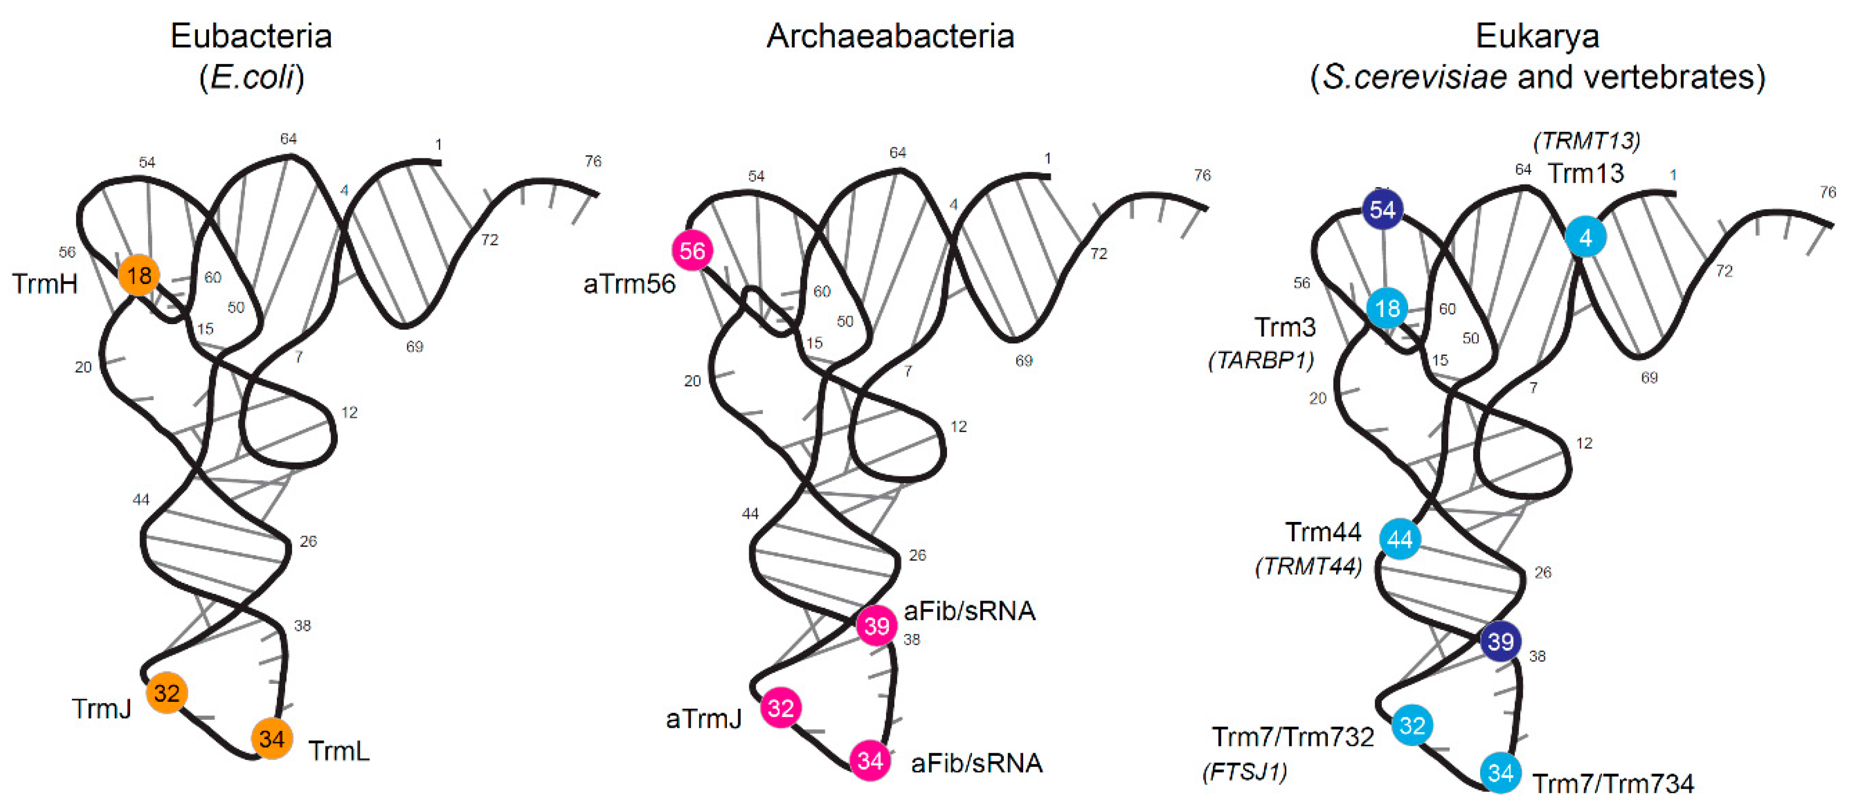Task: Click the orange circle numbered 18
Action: [x=139, y=275]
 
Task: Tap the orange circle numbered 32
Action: [x=167, y=693]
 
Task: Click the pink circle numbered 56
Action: [x=692, y=251]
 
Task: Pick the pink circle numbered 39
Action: [x=877, y=625]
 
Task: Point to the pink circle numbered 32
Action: [x=781, y=708]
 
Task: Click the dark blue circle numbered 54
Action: [x=1383, y=209]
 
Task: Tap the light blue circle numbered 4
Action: [x=1586, y=237]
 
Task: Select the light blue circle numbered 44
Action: [x=1400, y=539]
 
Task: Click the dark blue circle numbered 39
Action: [x=1500, y=641]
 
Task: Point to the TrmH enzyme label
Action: [x=45, y=284]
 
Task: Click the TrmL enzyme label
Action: [x=339, y=751]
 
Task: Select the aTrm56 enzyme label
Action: [x=629, y=284]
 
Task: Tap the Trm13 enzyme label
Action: [x=1586, y=173]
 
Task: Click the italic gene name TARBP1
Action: [x=1261, y=360]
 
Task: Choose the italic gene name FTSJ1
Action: [x=1245, y=772]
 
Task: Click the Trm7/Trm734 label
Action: [x=1613, y=784]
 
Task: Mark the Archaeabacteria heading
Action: [x=890, y=36]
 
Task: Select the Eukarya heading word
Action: [x=1537, y=36]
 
